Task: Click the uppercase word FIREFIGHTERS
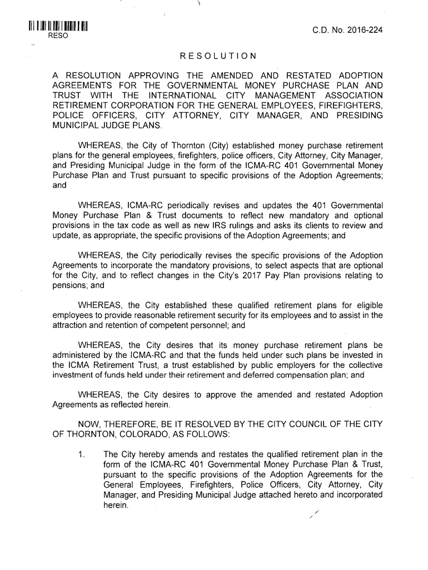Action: point(349,105)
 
